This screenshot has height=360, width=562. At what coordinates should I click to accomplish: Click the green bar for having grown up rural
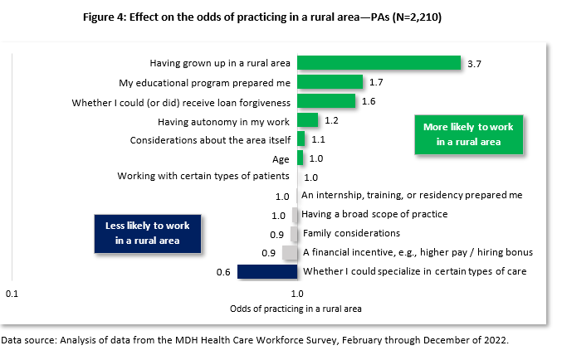[379, 62]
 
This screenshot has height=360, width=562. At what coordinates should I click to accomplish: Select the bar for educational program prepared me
[330, 81]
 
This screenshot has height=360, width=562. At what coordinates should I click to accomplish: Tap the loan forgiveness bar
[326, 101]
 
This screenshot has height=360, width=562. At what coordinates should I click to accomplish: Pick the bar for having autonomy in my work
[307, 120]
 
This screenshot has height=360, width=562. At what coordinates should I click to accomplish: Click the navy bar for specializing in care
[266, 271]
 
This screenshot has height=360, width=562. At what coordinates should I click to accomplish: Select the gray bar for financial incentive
[290, 252]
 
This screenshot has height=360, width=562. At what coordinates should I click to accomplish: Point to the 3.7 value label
[475, 63]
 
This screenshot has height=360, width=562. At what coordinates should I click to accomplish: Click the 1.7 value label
[376, 82]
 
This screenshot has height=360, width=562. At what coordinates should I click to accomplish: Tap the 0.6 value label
[222, 271]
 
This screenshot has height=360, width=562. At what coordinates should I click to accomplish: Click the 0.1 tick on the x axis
[12, 294]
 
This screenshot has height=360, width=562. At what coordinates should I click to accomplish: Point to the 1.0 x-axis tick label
[296, 294]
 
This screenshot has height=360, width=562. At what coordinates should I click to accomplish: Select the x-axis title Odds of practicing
[296, 309]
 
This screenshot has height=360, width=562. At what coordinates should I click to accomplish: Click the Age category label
[281, 158]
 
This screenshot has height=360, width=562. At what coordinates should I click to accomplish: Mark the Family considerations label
[351, 233]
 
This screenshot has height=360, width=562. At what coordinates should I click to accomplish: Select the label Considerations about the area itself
[210, 139]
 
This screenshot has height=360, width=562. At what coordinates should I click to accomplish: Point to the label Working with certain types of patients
[203, 177]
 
